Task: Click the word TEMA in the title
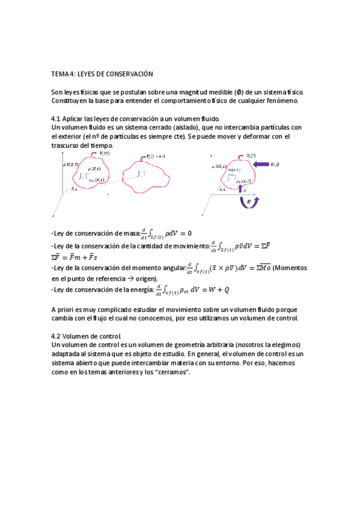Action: pyautogui.click(x=60, y=74)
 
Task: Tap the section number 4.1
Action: pyautogui.click(x=57, y=119)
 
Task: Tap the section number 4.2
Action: pyautogui.click(x=57, y=336)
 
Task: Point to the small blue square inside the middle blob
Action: pyautogui.click(x=141, y=174)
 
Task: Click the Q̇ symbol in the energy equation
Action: pyautogui.click(x=227, y=289)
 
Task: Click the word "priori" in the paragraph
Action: pyautogui.click(x=67, y=309)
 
